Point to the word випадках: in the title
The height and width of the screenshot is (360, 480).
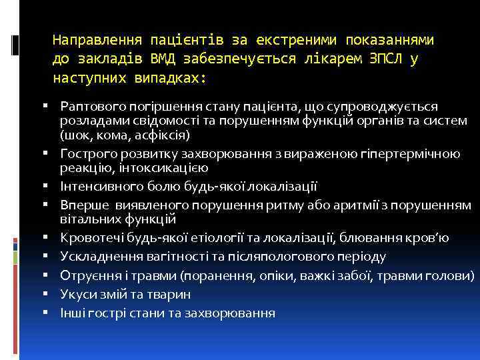tap(171, 78)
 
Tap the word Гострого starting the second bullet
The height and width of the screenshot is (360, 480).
tap(83, 154)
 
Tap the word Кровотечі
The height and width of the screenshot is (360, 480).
tap(87, 237)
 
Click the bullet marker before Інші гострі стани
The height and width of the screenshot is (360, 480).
tap(51, 313)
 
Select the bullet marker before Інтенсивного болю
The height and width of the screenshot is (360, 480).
tap(51, 187)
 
